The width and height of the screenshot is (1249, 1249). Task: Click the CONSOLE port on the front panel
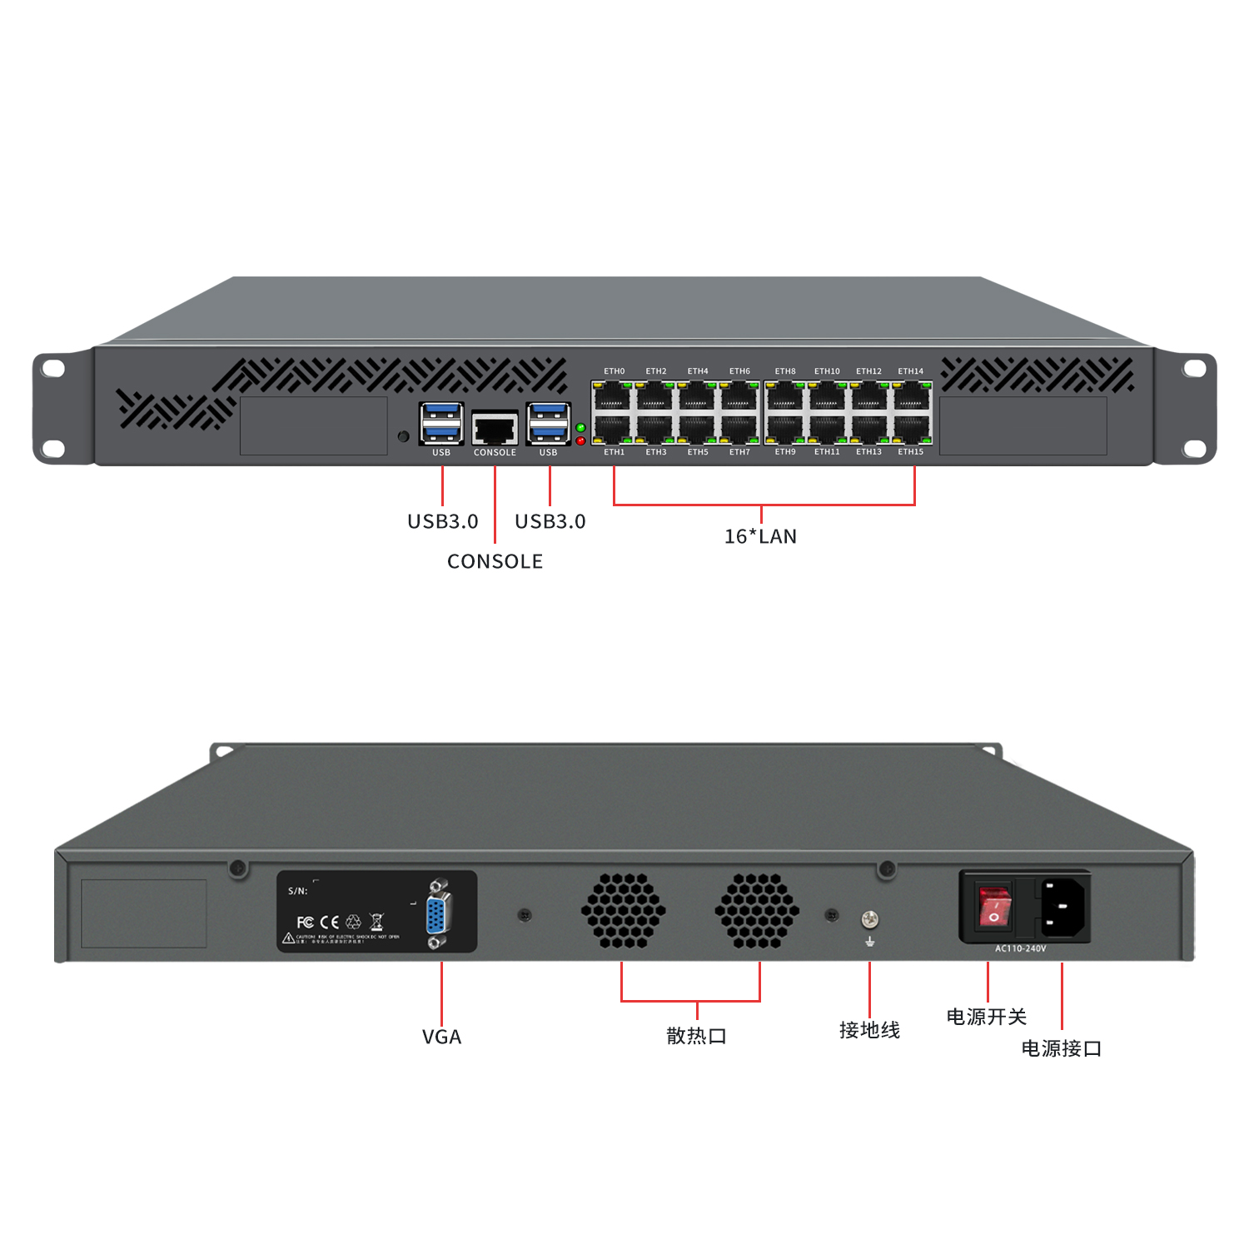(x=495, y=429)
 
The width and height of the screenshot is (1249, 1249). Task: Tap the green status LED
(x=580, y=427)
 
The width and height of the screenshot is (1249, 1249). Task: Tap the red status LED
(x=580, y=440)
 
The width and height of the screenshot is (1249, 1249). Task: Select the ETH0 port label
(x=614, y=371)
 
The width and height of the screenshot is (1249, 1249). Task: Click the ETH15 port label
(x=910, y=452)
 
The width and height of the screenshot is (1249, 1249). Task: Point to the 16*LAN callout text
(x=760, y=536)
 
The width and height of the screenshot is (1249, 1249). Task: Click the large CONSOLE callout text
(x=495, y=561)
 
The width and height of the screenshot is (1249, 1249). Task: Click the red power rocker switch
(x=994, y=907)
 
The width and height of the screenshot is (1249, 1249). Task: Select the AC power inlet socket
(x=1063, y=906)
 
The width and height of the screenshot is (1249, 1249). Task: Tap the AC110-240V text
(x=1020, y=948)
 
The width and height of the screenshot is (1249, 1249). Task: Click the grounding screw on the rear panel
(x=869, y=919)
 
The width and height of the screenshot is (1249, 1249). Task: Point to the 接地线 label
(x=869, y=1030)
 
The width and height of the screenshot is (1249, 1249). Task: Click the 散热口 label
(x=696, y=1036)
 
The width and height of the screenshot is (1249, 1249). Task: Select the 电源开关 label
(x=986, y=1017)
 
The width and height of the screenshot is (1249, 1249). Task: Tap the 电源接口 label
(x=1061, y=1048)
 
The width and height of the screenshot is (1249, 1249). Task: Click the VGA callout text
(x=441, y=1037)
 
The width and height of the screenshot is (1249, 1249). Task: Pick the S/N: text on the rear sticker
(x=297, y=891)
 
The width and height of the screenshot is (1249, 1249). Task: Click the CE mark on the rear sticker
(x=330, y=922)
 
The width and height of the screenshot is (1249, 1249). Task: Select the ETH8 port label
(x=784, y=371)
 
